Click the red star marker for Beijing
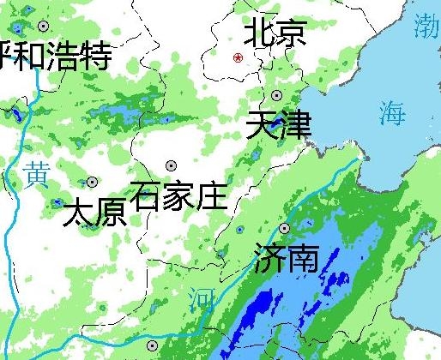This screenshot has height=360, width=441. coord(239,58)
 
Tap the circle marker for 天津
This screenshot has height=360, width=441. coord(276,95)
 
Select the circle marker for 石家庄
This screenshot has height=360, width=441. coord(171,165)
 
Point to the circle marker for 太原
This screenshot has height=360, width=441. coord(93,182)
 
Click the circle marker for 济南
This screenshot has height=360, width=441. coord(284,228)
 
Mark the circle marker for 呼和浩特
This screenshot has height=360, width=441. coord(43,27)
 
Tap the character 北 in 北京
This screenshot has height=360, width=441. coord(259,33)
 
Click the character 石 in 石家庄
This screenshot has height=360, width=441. coord(148,195)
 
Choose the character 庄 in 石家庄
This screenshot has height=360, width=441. coord(211,195)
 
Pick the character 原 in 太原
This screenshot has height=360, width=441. coord(111,212)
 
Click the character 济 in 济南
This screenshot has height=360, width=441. coord(269,258)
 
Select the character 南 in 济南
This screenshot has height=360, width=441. coord(302,258)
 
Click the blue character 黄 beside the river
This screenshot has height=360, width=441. coord(36,174)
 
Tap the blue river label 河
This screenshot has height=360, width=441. coord(200,299)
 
